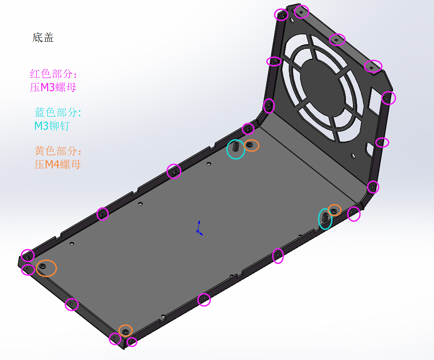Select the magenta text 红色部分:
54,74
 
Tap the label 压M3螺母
53,88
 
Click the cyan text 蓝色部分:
58,113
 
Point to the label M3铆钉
52,126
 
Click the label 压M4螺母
58,164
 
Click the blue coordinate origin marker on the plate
198,230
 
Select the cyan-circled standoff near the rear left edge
236,148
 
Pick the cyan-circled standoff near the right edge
325,219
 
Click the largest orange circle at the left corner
46,267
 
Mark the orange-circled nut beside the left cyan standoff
251,145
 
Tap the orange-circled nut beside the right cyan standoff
335,210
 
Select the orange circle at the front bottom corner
126,330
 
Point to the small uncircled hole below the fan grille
353,155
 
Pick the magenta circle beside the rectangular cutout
388,98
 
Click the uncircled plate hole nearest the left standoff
209,164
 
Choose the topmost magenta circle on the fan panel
301,11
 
